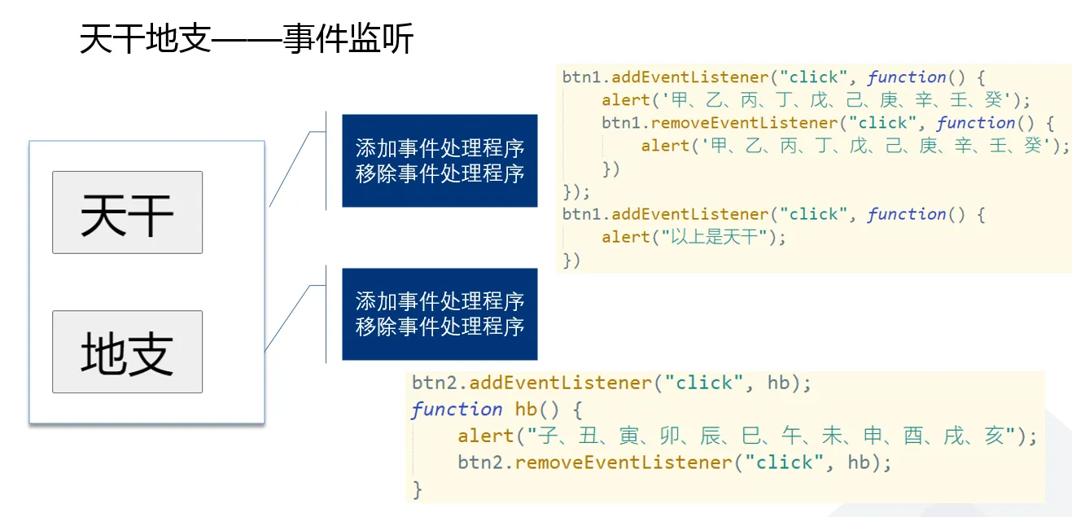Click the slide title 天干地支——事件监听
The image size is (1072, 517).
point(247,39)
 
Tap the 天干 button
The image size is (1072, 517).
point(127,212)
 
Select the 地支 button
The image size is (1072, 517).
point(127,352)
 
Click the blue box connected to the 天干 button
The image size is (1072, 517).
point(440,160)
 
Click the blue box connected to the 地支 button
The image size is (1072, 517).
point(440,313)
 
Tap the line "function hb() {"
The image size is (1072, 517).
point(497,409)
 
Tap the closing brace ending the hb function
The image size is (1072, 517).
point(418,489)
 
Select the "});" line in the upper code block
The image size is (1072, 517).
point(576,192)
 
